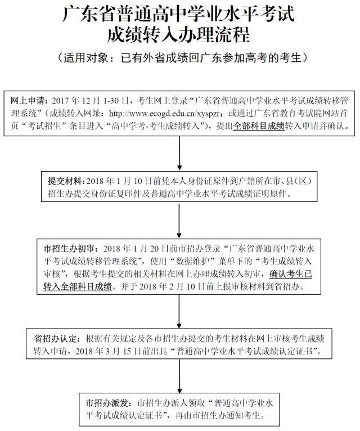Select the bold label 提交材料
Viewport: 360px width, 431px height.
click(x=66, y=181)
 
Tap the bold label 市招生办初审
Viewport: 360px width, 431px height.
click(x=70, y=249)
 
